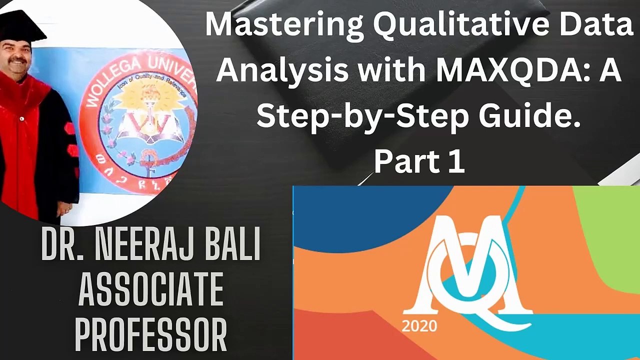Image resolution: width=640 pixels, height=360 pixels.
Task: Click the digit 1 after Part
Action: tap(456, 161)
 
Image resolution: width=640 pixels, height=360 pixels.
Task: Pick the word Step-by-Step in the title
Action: tap(363, 116)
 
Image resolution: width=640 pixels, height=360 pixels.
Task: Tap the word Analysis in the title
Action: tap(282, 70)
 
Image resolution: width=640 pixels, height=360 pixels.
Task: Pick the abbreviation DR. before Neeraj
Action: tap(62, 246)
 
